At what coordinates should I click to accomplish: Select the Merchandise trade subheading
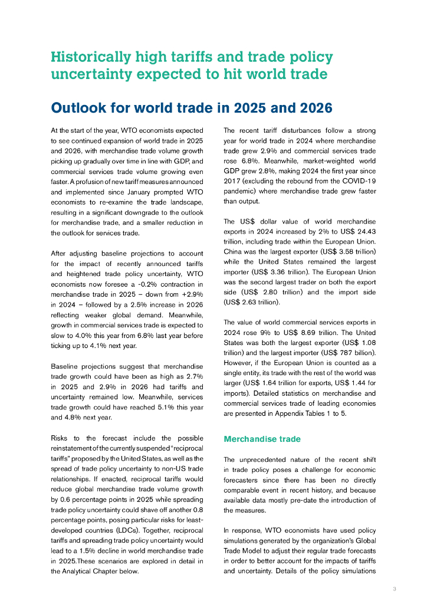coord(262,439)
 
